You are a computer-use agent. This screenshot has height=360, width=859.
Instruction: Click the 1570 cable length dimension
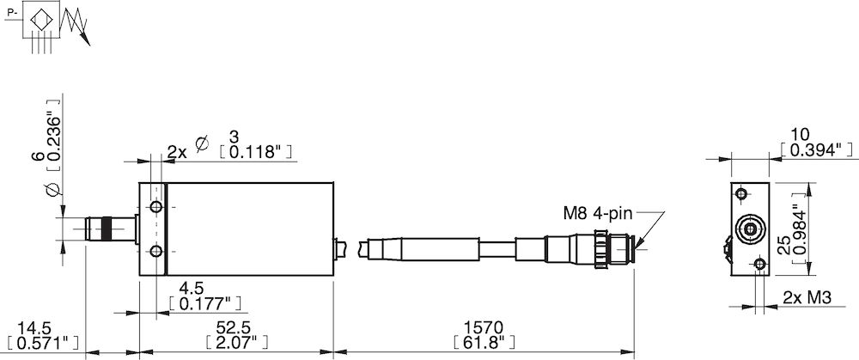484,327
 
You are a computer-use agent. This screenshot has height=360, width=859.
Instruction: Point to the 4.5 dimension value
191,288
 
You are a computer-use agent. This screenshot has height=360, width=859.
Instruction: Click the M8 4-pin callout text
596,213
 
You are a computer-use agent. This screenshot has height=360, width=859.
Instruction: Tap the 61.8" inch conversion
484,344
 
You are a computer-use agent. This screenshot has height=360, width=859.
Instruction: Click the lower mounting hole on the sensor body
156,251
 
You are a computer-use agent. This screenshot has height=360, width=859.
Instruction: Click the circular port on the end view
752,229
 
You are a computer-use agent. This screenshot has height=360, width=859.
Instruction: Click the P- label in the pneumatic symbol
9,13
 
